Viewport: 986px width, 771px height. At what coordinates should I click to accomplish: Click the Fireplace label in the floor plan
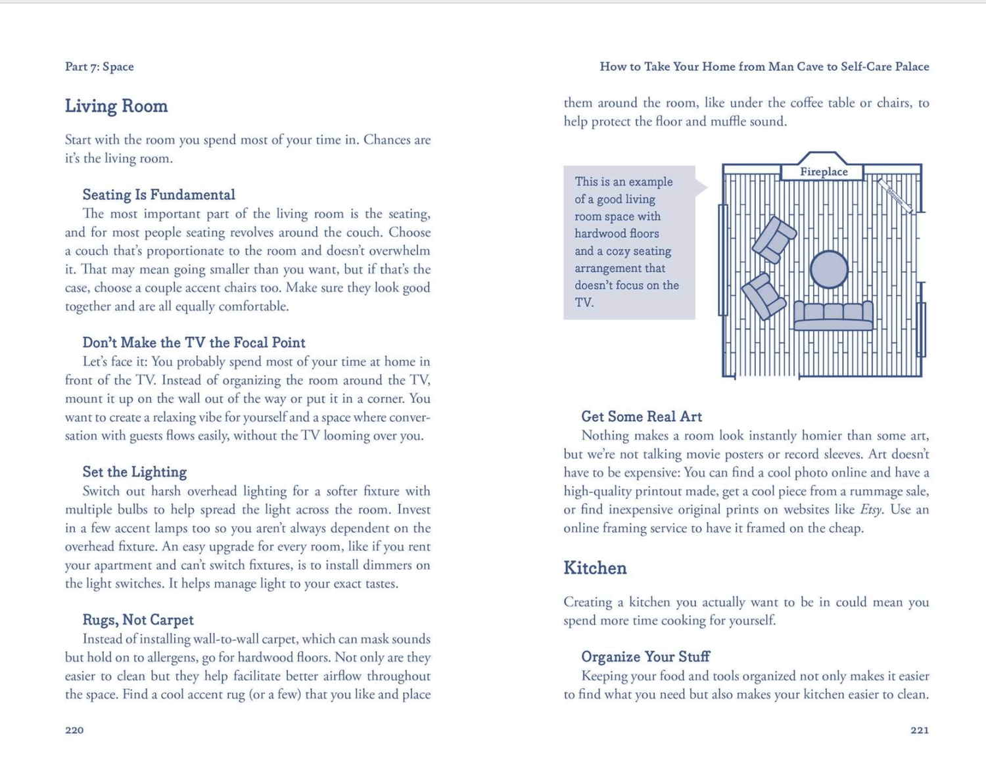(x=823, y=172)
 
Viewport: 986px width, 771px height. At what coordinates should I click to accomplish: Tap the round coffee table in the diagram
(x=829, y=269)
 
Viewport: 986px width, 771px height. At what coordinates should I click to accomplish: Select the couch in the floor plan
(x=833, y=315)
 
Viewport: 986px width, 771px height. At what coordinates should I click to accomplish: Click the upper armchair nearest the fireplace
(x=774, y=239)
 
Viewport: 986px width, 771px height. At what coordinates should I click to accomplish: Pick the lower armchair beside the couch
(x=763, y=296)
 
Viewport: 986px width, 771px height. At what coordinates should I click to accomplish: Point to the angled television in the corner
(x=895, y=196)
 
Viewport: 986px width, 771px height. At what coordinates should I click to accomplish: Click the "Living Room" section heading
(x=116, y=106)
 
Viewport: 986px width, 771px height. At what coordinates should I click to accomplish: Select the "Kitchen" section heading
(x=595, y=569)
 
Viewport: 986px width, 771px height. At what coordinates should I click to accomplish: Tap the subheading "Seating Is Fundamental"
(x=158, y=195)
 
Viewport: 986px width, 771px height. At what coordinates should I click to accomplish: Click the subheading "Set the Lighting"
(x=135, y=473)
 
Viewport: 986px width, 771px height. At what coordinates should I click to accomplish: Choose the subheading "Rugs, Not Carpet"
(x=138, y=620)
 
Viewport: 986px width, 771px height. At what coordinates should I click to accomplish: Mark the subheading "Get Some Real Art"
(x=642, y=417)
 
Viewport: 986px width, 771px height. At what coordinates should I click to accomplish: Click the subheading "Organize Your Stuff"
(x=646, y=657)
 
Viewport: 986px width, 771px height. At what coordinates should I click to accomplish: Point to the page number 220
(x=74, y=730)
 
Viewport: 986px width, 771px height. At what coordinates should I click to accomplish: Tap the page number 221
(x=920, y=730)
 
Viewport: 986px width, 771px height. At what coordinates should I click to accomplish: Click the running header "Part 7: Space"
(x=99, y=67)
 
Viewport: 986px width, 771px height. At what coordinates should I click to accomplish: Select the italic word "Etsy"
(x=871, y=510)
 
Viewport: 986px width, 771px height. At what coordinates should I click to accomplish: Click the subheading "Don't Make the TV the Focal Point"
(x=194, y=343)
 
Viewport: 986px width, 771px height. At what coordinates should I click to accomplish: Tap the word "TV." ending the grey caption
(x=584, y=303)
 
